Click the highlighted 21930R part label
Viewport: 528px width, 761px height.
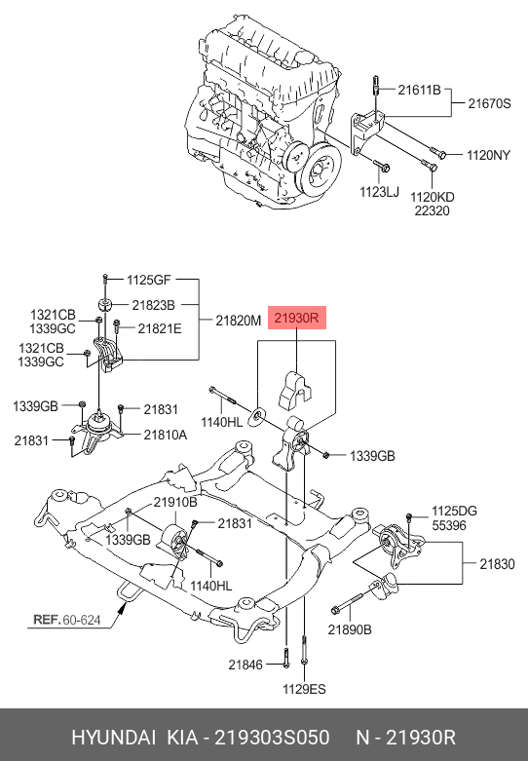297,318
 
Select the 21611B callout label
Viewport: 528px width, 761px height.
420,90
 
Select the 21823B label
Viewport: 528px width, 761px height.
154,304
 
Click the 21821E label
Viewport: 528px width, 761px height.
160,328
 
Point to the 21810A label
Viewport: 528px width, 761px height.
166,435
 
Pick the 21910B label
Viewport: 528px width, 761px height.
175,503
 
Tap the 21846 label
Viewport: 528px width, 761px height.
245,665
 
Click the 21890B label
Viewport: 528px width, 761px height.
351,629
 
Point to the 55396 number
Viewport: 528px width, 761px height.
450,524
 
